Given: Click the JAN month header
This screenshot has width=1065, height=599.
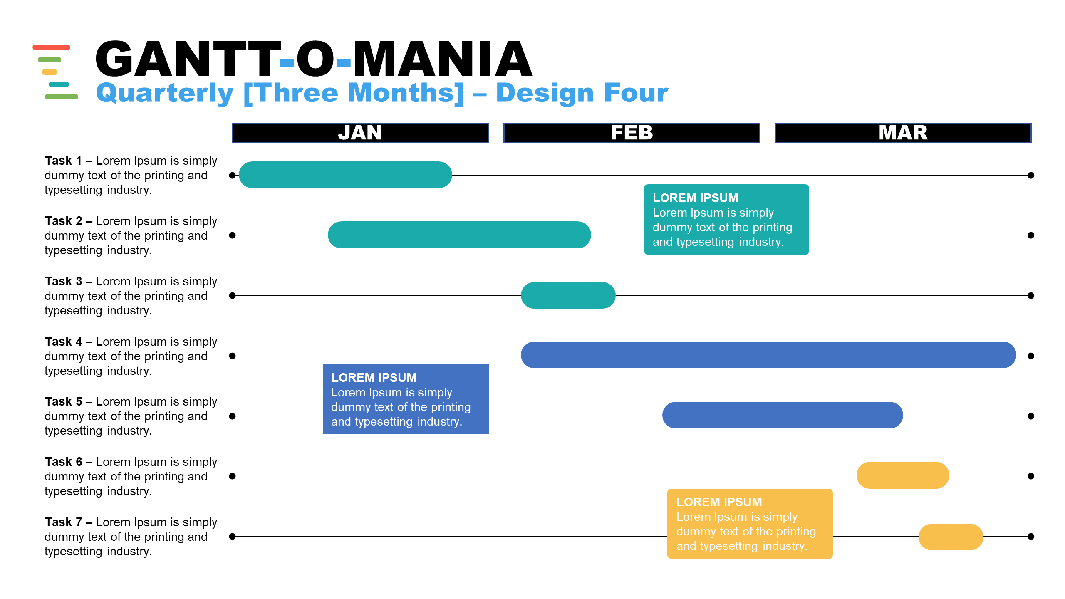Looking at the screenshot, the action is (x=360, y=133).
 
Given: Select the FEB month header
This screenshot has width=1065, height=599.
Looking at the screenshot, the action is (x=632, y=133).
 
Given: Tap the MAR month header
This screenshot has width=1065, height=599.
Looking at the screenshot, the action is (x=903, y=133).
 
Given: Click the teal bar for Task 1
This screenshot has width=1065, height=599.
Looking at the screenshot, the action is (x=345, y=175).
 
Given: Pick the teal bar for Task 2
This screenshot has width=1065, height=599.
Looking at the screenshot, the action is (x=459, y=235).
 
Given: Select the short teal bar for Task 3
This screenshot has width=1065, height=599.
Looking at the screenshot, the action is (x=568, y=295).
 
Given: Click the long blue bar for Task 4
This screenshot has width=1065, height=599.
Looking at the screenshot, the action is (x=768, y=355).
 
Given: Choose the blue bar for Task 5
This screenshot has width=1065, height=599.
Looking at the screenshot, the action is (x=783, y=415).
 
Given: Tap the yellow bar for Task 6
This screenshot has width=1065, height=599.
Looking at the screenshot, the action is (x=903, y=475).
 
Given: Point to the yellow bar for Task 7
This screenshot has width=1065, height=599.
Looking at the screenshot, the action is (x=951, y=537).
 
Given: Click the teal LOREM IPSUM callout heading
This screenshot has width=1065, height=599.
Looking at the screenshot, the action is (x=696, y=198).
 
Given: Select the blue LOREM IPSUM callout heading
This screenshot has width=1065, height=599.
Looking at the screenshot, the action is (x=374, y=378).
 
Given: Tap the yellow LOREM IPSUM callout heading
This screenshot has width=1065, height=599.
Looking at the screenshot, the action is (x=719, y=502).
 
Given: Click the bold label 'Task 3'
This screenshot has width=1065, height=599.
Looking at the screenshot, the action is (x=64, y=281).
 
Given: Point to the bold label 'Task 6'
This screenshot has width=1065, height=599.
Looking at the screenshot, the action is (x=64, y=462).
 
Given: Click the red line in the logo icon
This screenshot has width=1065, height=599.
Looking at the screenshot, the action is (x=52, y=47).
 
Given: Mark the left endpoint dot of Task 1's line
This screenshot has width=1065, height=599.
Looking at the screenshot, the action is (x=233, y=175).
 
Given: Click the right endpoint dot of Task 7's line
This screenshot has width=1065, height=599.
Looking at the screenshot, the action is (x=1031, y=537).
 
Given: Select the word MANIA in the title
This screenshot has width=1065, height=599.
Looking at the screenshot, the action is (x=443, y=59).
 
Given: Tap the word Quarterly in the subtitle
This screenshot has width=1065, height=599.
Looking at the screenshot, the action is (x=165, y=93).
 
